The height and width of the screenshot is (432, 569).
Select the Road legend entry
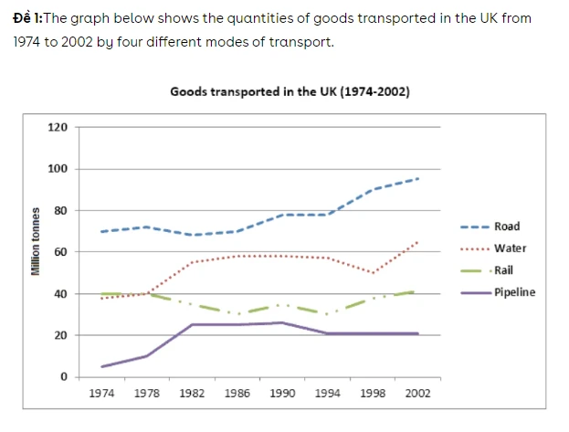pos(507,227)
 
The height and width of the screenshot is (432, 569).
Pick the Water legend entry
pos(509,248)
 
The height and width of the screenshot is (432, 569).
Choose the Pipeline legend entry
pos(515,292)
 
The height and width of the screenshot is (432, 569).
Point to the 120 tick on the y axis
pos(57,127)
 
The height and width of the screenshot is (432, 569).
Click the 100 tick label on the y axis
pos(57,169)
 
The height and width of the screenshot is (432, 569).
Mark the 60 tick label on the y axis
pos(59,252)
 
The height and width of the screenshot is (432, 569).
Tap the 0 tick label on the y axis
pos(63,376)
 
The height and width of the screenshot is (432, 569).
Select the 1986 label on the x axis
pos(237,394)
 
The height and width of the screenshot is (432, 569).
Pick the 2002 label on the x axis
pos(418,394)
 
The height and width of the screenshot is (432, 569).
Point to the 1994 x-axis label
pos(328,394)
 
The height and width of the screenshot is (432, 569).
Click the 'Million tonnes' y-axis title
pos(36,242)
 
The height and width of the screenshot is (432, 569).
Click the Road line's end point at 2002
pos(418,179)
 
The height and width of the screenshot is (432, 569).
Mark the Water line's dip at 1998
pos(373,273)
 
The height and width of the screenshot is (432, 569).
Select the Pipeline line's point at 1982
pos(192,324)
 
